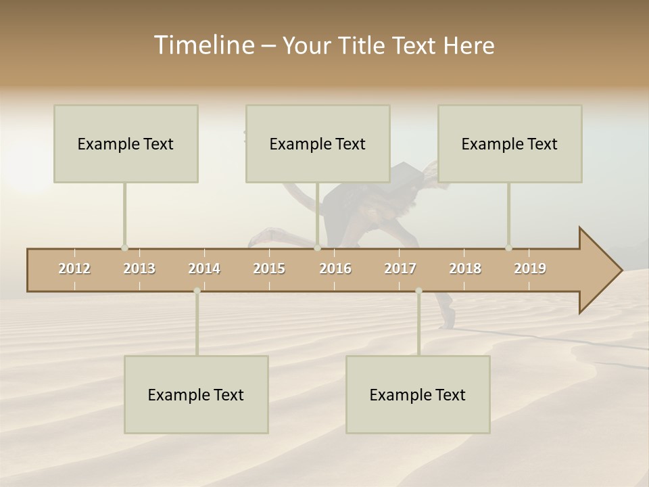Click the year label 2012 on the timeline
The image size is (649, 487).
(x=74, y=269)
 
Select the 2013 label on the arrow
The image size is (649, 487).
(x=139, y=269)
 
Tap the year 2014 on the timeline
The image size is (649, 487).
(x=204, y=269)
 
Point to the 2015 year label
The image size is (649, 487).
(x=269, y=269)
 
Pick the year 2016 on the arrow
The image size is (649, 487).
(x=335, y=269)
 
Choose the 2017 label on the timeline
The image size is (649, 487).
(x=400, y=269)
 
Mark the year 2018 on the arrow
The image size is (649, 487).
(x=465, y=269)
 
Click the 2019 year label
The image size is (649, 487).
(x=530, y=269)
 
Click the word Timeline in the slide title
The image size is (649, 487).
(x=203, y=45)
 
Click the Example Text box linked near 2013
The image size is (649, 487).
(x=126, y=143)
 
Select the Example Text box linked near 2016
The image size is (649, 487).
(x=318, y=143)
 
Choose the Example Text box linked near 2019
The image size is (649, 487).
(x=510, y=143)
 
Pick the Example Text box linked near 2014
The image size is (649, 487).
(x=196, y=394)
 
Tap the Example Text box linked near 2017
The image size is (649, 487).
(x=418, y=394)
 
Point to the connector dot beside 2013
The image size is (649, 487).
(x=124, y=248)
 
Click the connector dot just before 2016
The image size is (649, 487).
(x=317, y=248)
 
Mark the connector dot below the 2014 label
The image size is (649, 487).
(x=197, y=291)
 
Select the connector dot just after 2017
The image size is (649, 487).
(x=418, y=291)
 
